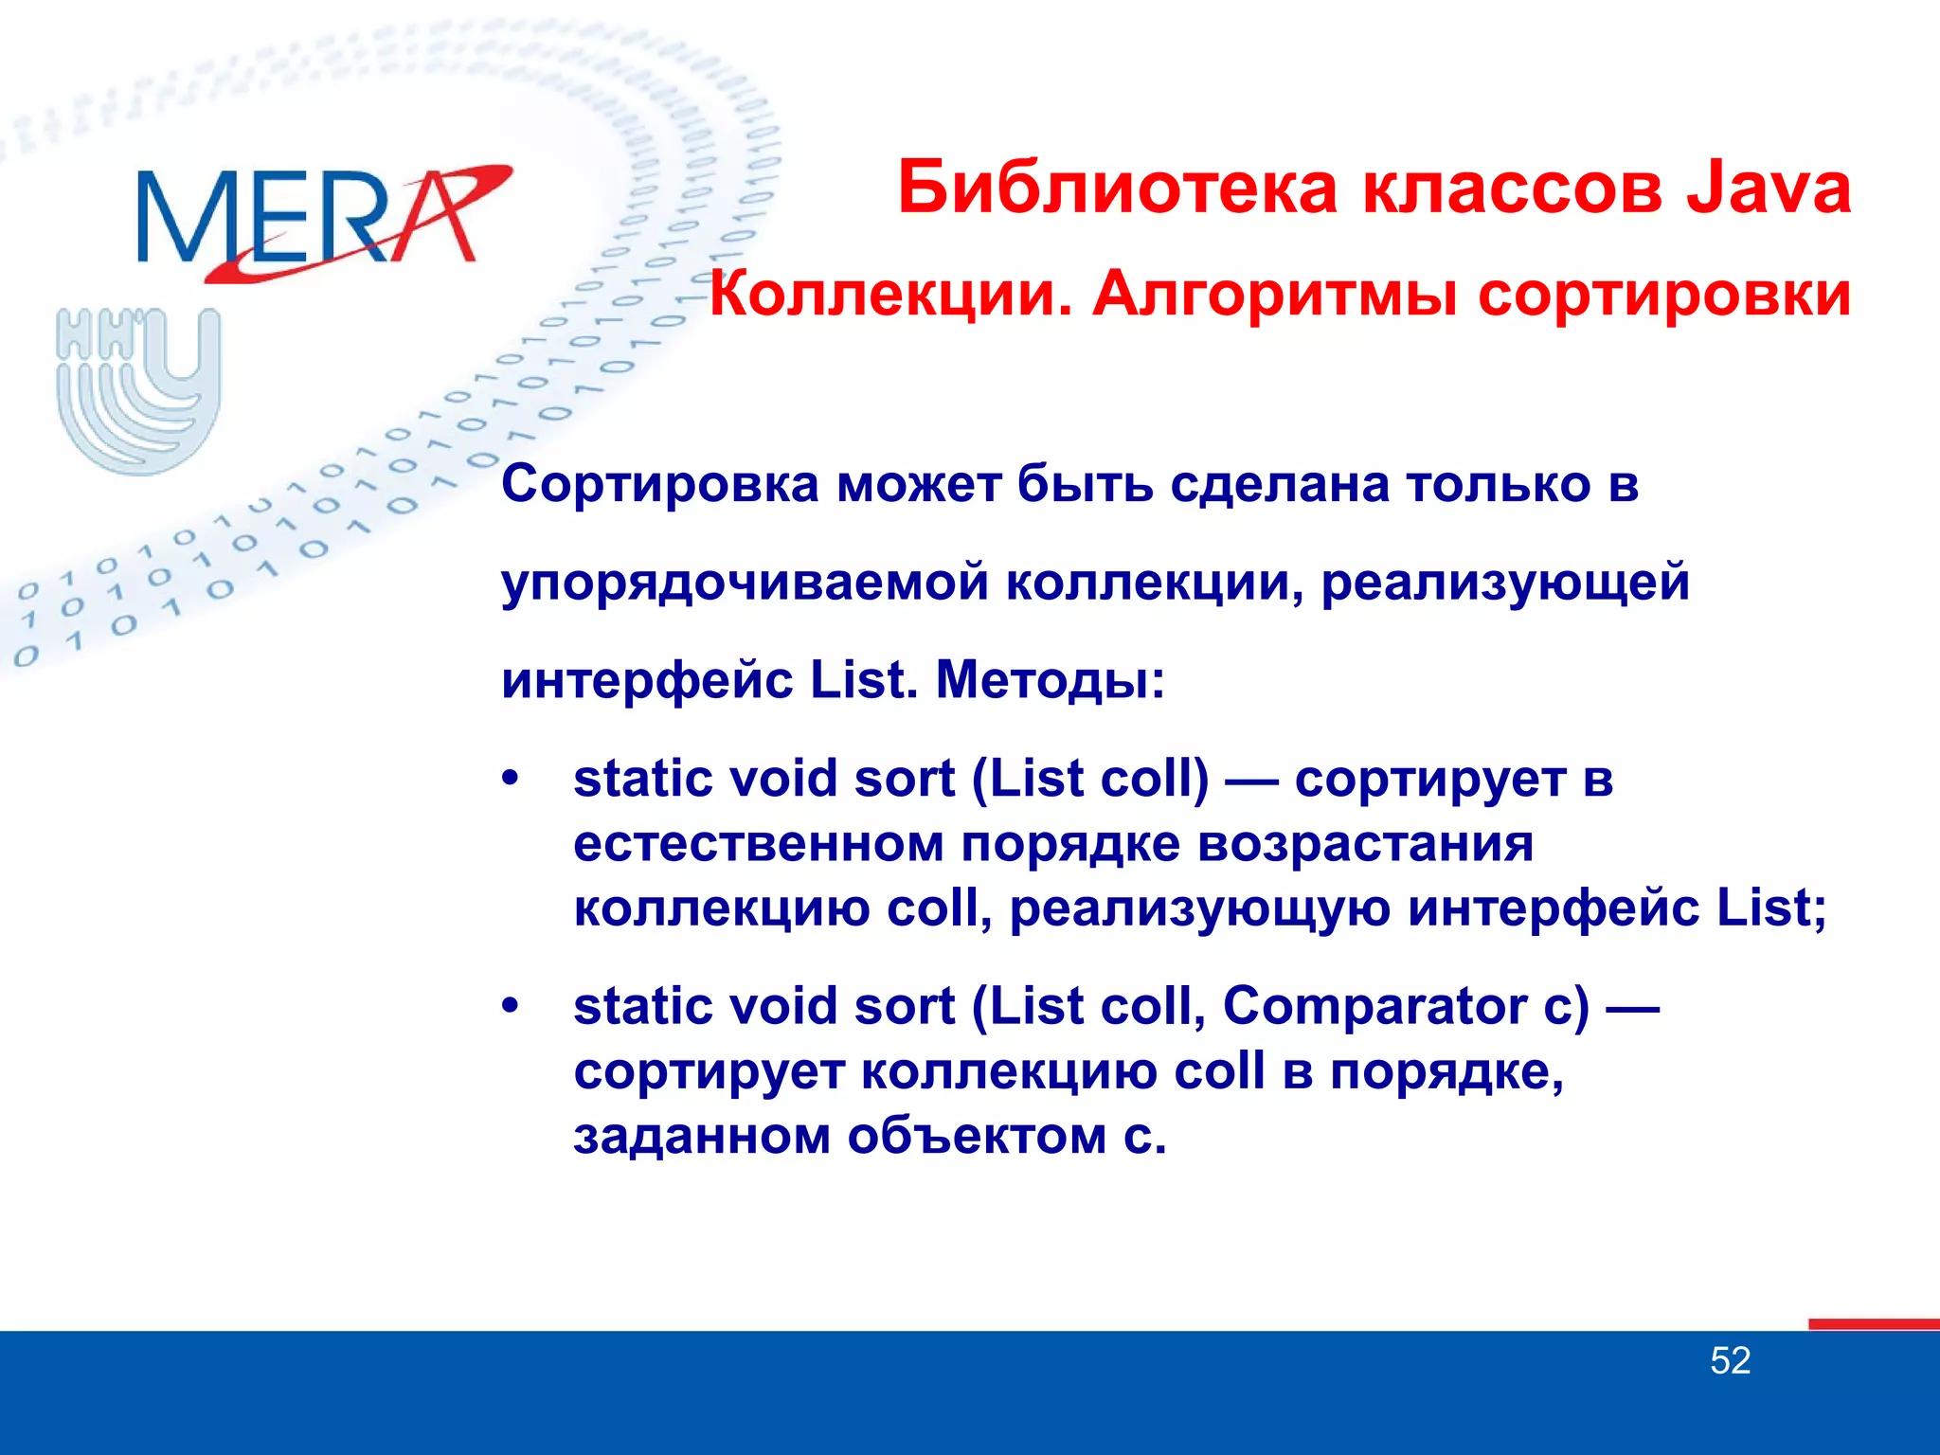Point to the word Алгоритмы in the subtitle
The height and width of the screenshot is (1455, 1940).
[1274, 295]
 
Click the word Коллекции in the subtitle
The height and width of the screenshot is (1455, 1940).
[890, 295]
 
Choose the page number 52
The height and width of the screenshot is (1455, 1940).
[1730, 1361]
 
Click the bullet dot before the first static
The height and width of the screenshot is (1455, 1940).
[511, 779]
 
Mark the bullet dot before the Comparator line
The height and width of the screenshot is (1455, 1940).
[511, 1006]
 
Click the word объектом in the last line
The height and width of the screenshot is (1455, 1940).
[977, 1136]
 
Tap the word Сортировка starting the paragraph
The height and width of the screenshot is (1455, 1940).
[660, 484]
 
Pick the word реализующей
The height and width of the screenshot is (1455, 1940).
[1505, 583]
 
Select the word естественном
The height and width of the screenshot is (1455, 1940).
[759, 843]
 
